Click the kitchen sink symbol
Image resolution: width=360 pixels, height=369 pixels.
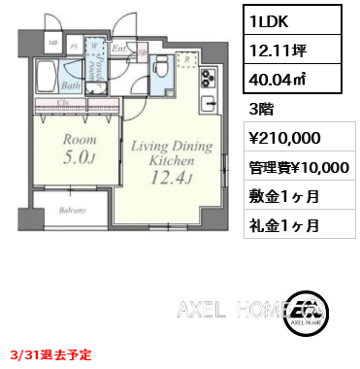[207, 103]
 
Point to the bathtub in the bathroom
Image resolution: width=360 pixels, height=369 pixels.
[47, 76]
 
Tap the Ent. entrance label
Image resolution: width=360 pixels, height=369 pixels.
[116, 46]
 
